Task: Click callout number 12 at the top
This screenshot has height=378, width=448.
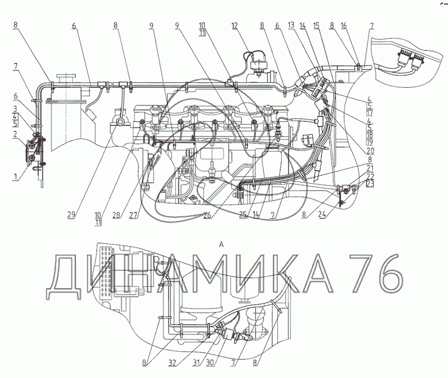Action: click(234, 26)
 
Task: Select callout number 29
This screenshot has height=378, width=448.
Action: click(71, 215)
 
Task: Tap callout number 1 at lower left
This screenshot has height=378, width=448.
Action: click(15, 177)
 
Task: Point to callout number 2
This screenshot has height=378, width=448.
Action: click(15, 134)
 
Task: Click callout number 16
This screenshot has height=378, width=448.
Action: click(344, 25)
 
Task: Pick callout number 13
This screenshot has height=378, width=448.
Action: click(291, 25)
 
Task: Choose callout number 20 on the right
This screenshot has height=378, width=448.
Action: click(370, 150)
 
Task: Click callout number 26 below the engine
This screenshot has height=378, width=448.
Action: click(207, 215)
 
